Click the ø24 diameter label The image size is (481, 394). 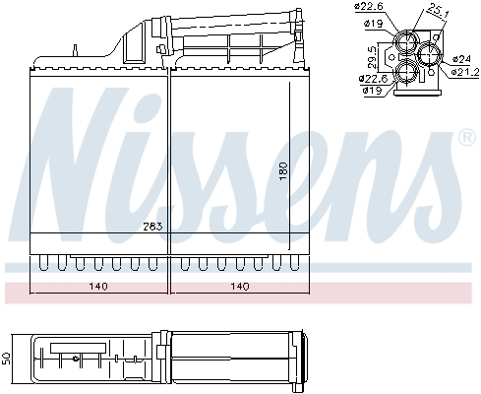pyautogui.click(x=461, y=60)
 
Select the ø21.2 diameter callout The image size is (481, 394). pyautogui.click(x=461, y=71)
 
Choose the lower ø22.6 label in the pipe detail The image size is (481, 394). pyautogui.click(x=373, y=79)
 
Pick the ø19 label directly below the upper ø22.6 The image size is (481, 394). pyautogui.click(x=371, y=23)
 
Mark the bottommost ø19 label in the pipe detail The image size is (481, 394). pyautogui.click(x=371, y=91)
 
